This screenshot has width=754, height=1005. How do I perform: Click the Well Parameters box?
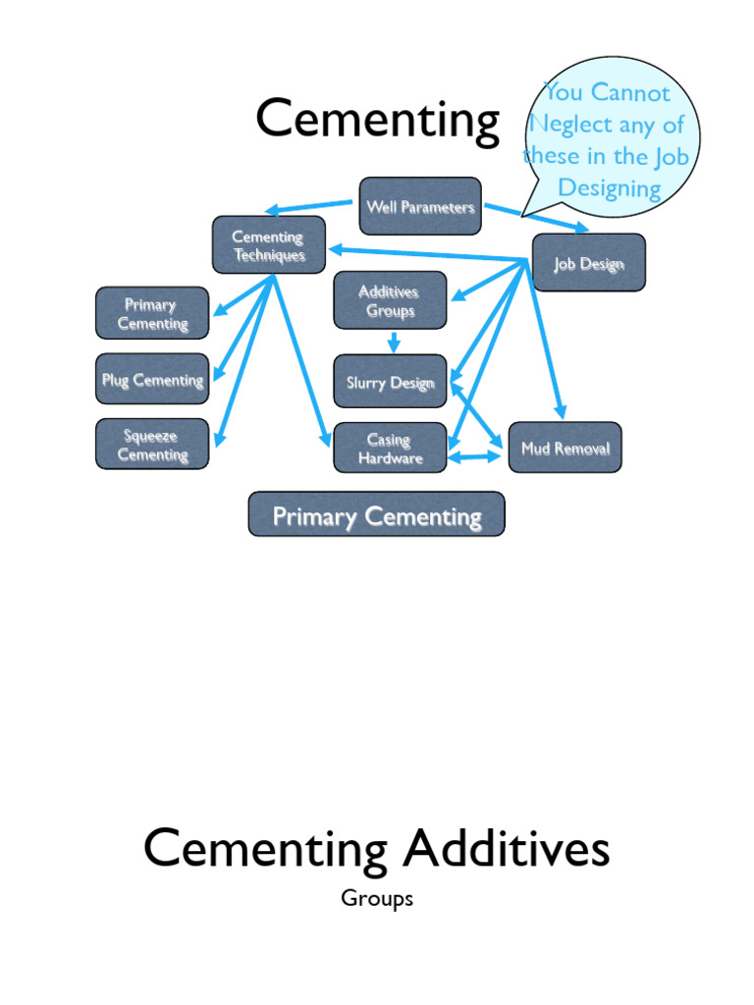(x=420, y=206)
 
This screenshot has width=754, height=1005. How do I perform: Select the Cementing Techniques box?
(x=268, y=245)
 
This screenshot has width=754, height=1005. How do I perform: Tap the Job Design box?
(x=589, y=263)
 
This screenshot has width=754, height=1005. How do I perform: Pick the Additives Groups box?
(x=390, y=300)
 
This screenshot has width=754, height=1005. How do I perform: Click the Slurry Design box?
(x=390, y=383)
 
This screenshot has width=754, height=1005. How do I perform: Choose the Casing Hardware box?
(x=390, y=449)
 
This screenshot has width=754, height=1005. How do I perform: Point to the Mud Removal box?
(x=565, y=449)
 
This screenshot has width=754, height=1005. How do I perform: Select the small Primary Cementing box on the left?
(x=152, y=313)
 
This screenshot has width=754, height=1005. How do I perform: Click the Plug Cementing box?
(x=152, y=379)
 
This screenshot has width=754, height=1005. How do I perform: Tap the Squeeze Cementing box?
(x=152, y=445)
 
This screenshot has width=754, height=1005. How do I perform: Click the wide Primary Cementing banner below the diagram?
(x=377, y=515)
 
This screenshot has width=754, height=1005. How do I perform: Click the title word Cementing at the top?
(x=378, y=121)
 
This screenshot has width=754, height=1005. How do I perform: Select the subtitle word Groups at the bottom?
(x=377, y=898)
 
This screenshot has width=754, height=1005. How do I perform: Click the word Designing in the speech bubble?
(x=609, y=187)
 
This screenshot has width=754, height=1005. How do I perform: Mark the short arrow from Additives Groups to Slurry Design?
(x=393, y=343)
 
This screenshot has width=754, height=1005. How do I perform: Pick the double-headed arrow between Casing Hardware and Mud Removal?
(x=475, y=456)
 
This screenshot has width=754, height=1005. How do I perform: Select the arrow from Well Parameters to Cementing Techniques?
(x=309, y=208)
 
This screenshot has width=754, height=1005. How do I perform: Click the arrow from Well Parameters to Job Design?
(x=536, y=217)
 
